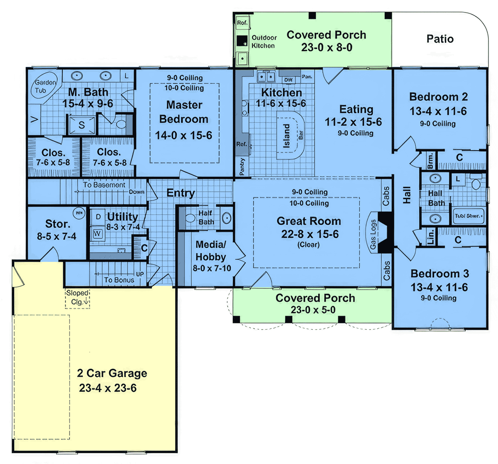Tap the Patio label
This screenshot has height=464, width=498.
pyautogui.click(x=440, y=39)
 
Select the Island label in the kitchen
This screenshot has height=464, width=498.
pyautogui.click(x=287, y=136)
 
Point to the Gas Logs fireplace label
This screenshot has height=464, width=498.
pyautogui.click(x=373, y=234)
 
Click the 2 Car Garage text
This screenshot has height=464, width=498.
pyautogui.click(x=112, y=373)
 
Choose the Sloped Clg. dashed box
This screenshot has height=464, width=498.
pyautogui.click(x=77, y=298)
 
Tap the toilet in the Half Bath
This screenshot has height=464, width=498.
pyautogui.click(x=191, y=218)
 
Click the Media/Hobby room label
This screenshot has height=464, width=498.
pyautogui.click(x=211, y=251)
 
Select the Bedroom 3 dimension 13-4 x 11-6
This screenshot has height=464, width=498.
pyautogui.click(x=439, y=287)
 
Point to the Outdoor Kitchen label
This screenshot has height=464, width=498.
pyautogui.click(x=264, y=42)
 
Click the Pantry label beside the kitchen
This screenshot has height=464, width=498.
pyautogui.click(x=242, y=166)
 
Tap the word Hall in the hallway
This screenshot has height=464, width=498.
pyautogui.click(x=407, y=195)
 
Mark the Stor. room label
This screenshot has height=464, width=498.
pyautogui.click(x=57, y=224)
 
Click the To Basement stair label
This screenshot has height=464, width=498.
pyautogui.click(x=104, y=185)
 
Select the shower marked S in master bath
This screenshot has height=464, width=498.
pyautogui.click(x=82, y=125)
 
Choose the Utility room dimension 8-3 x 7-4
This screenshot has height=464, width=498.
pyautogui.click(x=123, y=227)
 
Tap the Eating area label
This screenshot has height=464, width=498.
pyautogui.click(x=356, y=109)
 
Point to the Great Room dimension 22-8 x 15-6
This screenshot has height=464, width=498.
pyautogui.click(x=310, y=234)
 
